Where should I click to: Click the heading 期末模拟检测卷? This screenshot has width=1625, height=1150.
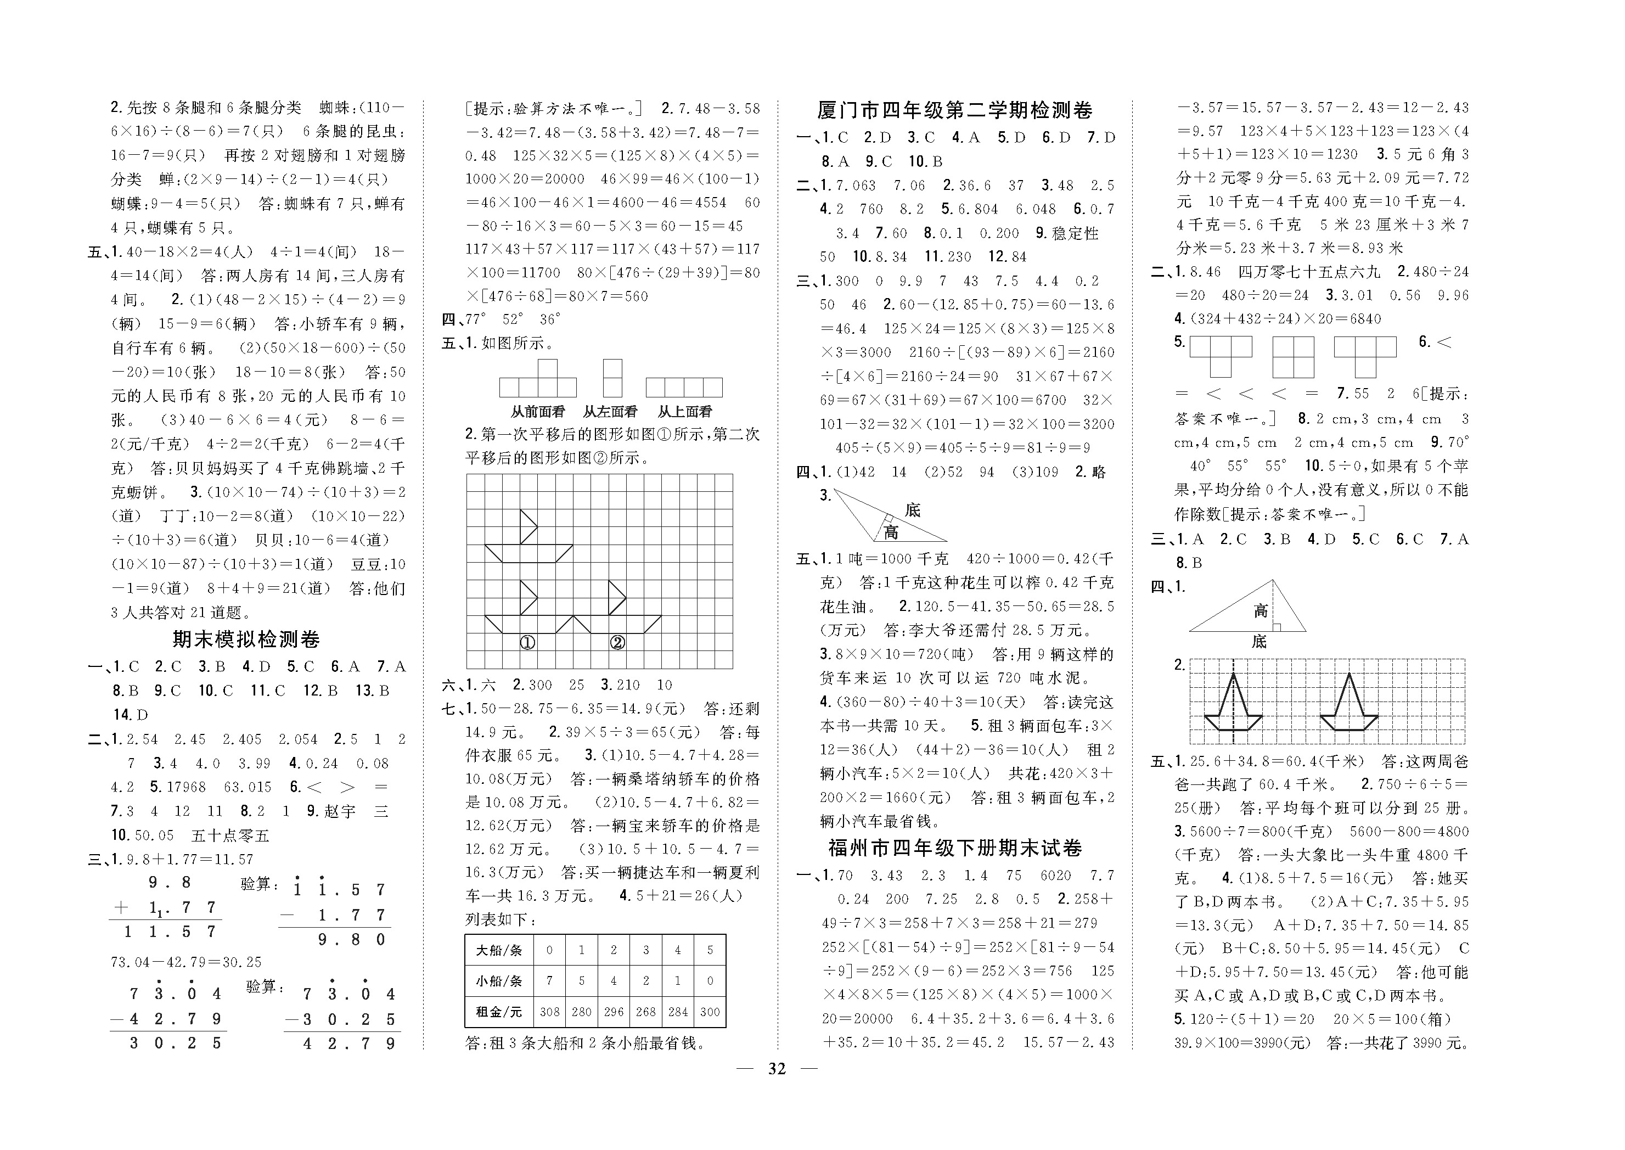pos(246,639)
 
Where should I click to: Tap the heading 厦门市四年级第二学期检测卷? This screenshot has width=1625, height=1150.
pos(955,110)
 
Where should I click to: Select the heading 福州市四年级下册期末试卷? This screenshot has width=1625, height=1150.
pos(955,848)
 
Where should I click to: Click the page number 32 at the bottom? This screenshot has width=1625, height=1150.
pos(777,1069)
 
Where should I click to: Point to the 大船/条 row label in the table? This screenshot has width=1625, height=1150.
pos(498,950)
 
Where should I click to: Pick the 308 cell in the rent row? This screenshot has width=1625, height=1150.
pos(549,1012)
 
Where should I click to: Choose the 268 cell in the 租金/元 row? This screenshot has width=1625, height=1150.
pos(645,1012)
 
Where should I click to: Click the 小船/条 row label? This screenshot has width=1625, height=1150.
pos(498,981)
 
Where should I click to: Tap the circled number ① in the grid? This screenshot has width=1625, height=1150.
pos(527,643)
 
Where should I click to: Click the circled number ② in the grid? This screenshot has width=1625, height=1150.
pos(617,643)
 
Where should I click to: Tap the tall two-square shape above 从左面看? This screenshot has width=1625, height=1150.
pos(612,378)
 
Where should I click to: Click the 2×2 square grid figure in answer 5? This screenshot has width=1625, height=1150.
pos(1293,357)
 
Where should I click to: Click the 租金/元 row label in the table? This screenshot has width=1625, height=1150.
pos(498,1012)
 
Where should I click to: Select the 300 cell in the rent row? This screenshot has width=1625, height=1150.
pos(710,1012)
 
